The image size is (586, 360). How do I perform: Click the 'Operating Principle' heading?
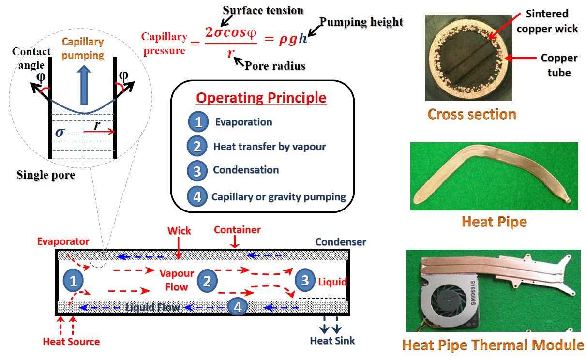(261, 98)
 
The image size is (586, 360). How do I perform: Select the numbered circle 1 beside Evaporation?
(198, 122)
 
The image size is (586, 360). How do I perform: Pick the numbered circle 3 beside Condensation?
(197, 170)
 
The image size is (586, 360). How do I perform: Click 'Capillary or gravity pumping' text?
(278, 197)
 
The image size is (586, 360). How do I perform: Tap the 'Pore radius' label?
(275, 65)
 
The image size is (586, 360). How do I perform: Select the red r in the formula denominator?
(230, 52)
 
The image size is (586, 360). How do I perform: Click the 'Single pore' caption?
(45, 175)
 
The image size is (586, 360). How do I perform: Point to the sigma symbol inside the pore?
(60, 132)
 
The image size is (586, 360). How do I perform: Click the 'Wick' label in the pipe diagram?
(179, 231)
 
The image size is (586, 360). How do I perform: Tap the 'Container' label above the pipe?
(237, 229)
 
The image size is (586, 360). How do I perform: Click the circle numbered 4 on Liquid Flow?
(238, 306)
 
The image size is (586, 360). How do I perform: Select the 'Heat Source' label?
(71, 342)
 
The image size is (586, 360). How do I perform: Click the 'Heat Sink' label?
(332, 341)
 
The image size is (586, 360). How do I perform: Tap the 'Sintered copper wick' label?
(547, 21)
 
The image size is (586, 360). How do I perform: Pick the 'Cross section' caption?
(472, 114)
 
